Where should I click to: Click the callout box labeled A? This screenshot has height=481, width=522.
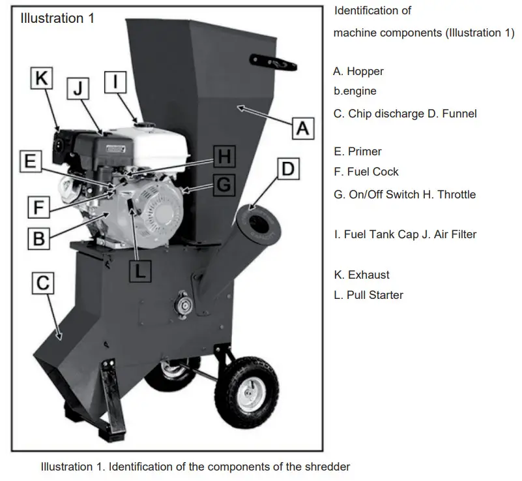click(302, 127)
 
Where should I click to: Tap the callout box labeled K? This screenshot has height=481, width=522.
click(42, 79)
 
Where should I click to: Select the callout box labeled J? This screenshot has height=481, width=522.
click(79, 89)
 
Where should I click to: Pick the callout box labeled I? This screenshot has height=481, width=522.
click(115, 82)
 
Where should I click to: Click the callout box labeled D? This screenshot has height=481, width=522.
click(287, 169)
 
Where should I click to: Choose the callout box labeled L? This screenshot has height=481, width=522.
click(141, 270)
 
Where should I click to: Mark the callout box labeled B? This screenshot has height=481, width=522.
click(38, 238)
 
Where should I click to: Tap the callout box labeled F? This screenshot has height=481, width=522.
click(38, 208)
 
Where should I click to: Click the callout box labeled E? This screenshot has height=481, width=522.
click(30, 161)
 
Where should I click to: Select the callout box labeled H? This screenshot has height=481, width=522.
click(224, 157)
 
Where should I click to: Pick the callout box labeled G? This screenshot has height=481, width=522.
click(224, 185)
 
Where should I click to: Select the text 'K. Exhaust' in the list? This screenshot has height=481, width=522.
click(361, 275)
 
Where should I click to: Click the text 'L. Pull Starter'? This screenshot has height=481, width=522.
click(368, 295)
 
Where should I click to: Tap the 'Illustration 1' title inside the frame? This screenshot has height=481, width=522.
click(57, 18)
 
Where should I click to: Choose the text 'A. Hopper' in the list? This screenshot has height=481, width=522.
click(358, 71)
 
